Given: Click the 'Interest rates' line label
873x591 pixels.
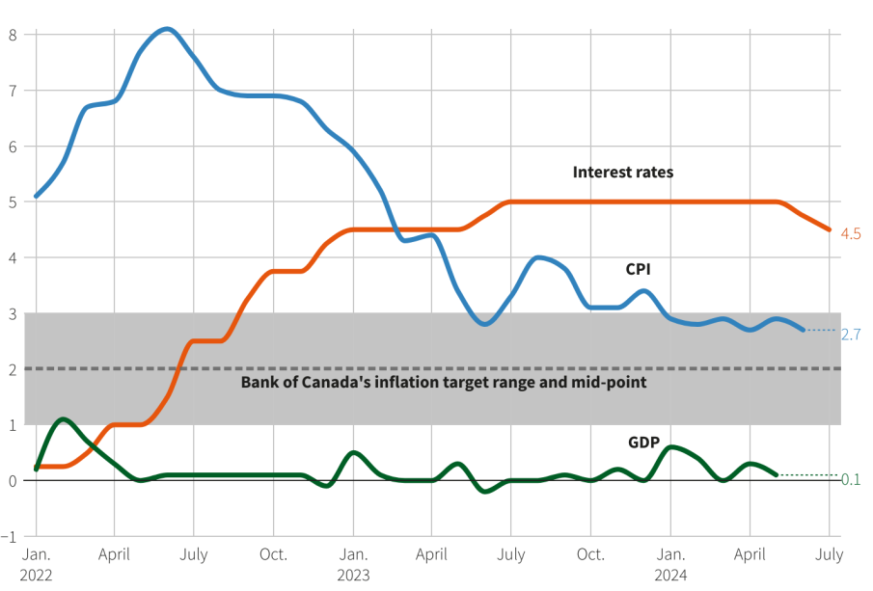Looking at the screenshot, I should [x=622, y=173].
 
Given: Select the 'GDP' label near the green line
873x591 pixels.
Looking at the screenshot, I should [x=644, y=443].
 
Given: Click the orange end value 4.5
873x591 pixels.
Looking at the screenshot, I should [x=851, y=234].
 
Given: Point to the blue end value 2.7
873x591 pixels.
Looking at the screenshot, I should [x=851, y=335].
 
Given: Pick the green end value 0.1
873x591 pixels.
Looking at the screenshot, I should [x=851, y=479].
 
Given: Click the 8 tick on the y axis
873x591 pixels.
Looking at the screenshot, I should [x=13, y=35].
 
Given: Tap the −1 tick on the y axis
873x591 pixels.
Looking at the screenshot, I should [x=11, y=536].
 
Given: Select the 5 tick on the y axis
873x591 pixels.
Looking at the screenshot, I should [x=13, y=201].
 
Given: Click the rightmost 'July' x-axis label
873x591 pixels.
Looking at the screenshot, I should [x=829, y=554].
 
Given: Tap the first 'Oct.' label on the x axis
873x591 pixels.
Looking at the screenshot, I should [x=273, y=554].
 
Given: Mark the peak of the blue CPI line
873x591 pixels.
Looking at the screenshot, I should [x=166, y=29].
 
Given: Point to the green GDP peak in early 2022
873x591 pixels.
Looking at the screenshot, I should [x=63, y=419].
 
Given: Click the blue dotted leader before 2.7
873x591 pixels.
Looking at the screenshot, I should [x=820, y=331].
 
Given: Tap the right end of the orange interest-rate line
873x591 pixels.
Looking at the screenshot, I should [x=829, y=229].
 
